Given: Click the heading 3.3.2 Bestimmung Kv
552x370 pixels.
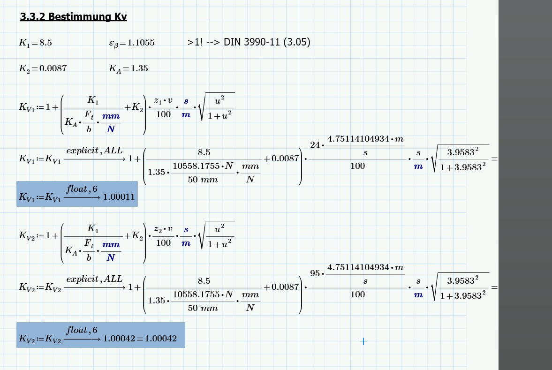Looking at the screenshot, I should (73, 17).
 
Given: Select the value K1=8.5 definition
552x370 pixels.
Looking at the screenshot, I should (35, 43).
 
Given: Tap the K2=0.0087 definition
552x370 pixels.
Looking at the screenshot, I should (43, 68).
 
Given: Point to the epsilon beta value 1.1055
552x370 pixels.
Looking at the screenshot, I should (132, 43).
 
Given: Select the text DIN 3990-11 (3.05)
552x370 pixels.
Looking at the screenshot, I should (267, 42).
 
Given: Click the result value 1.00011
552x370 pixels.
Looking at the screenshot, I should (119, 197).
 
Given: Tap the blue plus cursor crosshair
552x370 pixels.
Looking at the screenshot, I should (363, 341).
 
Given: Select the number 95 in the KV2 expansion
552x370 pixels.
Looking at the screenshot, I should (315, 273).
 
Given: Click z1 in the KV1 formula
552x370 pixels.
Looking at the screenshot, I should (157, 101).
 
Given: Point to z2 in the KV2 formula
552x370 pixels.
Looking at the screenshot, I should (158, 229).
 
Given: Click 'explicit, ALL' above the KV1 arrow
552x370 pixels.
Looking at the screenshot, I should (94, 151).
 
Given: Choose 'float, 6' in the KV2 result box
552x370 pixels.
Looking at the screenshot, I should (82, 331).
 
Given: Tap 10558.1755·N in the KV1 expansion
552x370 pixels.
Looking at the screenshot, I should (203, 166).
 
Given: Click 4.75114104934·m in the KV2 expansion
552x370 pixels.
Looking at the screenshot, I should (365, 267).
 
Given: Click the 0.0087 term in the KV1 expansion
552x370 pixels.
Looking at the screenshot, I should (281, 159).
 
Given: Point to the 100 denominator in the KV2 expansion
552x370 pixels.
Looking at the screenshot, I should (357, 294).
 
